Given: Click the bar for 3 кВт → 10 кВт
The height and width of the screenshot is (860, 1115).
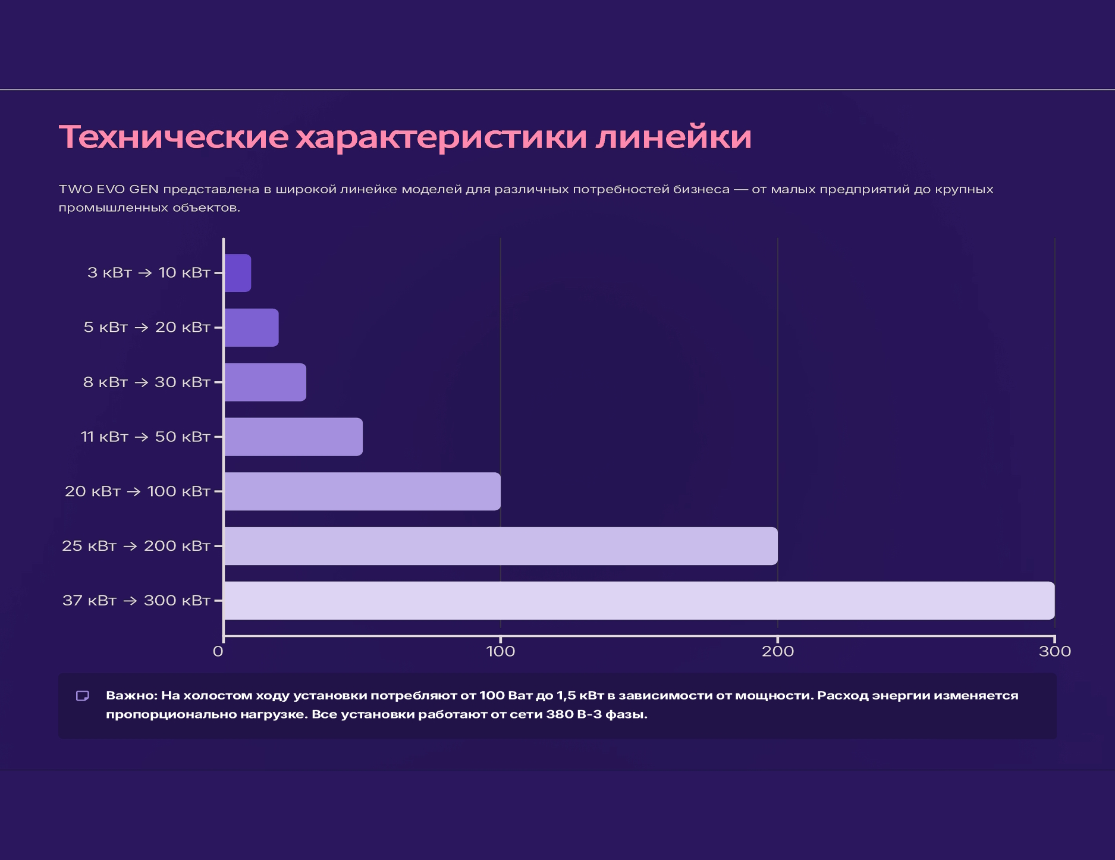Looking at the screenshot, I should click(x=238, y=273).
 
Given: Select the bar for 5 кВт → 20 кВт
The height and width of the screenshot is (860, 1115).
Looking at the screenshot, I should click(x=252, y=328).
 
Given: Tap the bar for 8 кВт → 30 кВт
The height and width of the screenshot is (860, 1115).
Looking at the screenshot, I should click(x=265, y=382).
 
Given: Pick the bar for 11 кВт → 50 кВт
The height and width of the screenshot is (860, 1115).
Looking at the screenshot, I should click(x=293, y=437).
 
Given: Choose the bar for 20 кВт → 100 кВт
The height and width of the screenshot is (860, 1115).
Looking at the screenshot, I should click(x=362, y=491).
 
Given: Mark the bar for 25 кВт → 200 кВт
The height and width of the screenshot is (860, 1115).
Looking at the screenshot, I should click(x=501, y=546).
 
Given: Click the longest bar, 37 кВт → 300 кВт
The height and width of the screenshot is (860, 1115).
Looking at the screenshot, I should click(x=639, y=601).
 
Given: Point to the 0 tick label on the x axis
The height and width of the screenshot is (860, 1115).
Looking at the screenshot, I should click(x=218, y=652).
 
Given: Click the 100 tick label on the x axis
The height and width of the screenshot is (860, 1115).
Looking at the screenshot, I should click(x=501, y=652).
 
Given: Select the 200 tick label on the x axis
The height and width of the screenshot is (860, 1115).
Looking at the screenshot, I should click(x=778, y=652).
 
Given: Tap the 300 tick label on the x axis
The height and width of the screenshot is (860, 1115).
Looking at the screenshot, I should click(x=1055, y=652).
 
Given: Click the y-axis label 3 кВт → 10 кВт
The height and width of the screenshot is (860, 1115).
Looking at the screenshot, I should click(x=149, y=273).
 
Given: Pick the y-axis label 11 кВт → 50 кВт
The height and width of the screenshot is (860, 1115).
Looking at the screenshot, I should click(x=146, y=437).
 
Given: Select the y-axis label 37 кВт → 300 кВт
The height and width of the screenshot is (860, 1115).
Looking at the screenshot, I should click(x=136, y=601).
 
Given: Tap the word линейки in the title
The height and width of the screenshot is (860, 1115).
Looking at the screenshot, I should click(x=674, y=137).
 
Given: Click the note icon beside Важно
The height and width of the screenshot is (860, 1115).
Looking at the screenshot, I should click(x=83, y=696).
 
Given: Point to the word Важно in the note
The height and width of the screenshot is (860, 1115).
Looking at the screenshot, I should click(x=131, y=696).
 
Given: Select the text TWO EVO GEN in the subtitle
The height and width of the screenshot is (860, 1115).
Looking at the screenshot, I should click(x=109, y=190).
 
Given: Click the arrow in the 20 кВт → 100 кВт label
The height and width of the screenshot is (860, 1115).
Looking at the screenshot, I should click(x=134, y=492).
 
